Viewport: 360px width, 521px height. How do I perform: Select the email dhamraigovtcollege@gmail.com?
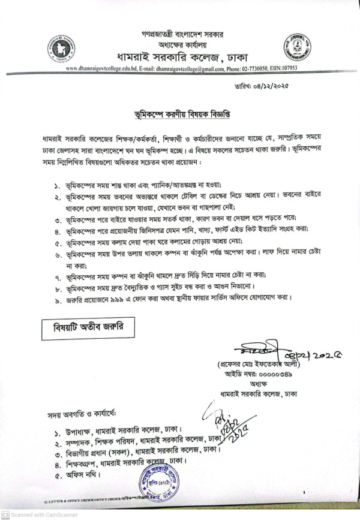[x=196, y=69]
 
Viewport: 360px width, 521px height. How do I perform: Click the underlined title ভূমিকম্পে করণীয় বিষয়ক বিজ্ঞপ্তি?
[x=179, y=112]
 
